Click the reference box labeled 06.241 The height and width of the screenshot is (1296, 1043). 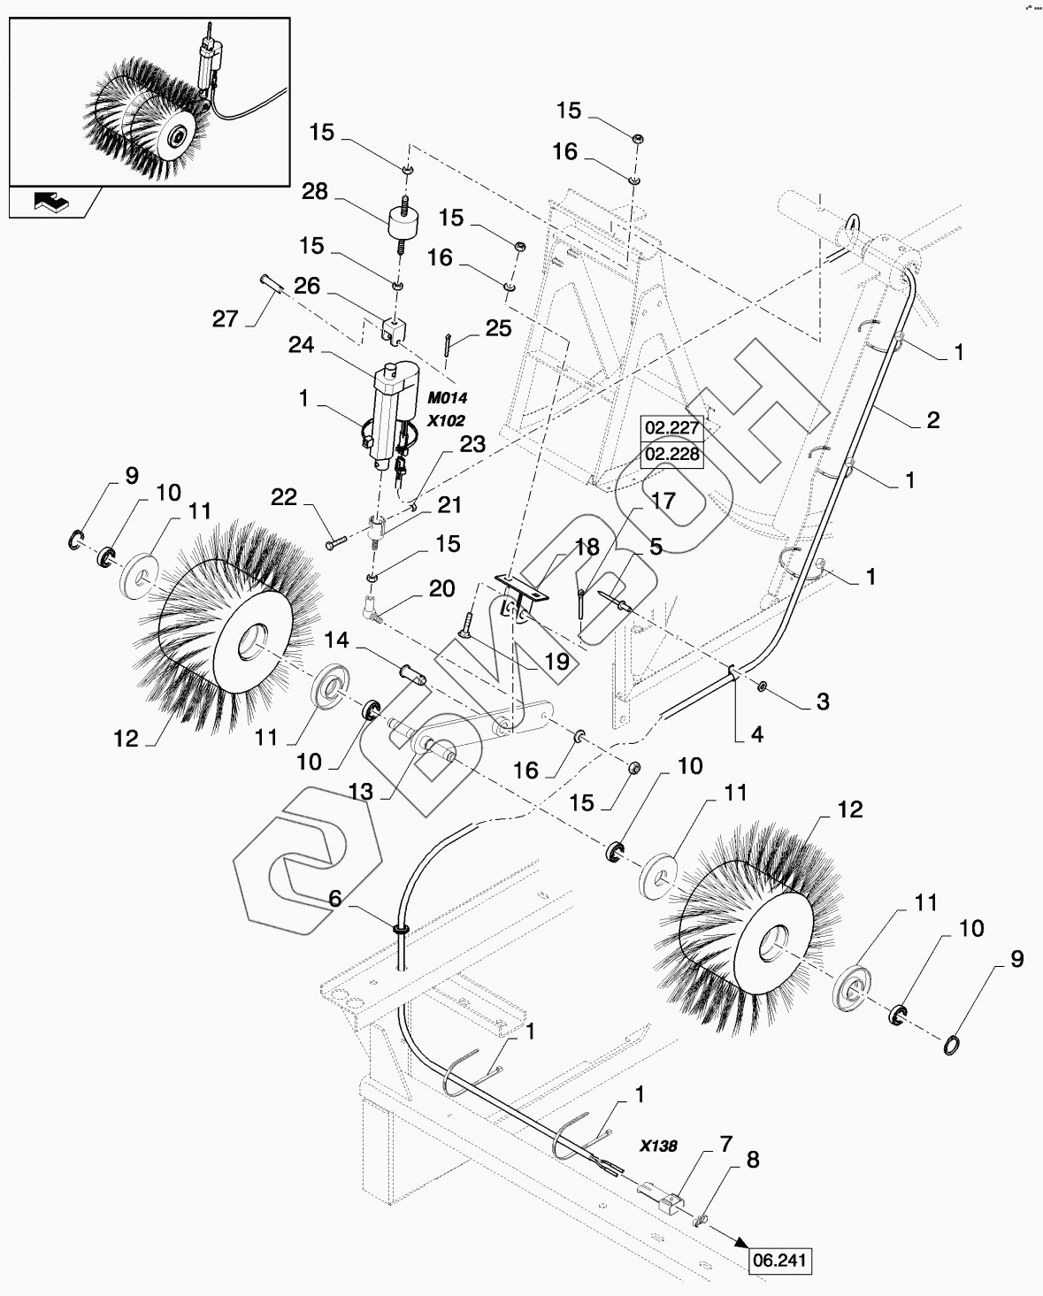[x=779, y=1261]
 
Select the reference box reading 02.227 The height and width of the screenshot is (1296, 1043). [x=672, y=429]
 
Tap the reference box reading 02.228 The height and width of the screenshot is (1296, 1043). [x=672, y=456]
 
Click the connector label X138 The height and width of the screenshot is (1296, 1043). [x=659, y=1146]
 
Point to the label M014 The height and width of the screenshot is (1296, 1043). [x=447, y=399]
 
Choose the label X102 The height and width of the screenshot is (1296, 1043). [x=446, y=421]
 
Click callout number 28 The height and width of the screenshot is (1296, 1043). [x=315, y=192]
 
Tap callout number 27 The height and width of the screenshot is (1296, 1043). [x=225, y=318]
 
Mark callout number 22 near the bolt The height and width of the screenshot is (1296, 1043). [x=284, y=498]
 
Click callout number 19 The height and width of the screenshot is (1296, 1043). [x=556, y=661]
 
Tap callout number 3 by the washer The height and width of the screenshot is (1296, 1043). [x=823, y=702]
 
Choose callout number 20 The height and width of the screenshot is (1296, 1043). [x=441, y=589]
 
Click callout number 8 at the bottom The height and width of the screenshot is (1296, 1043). [x=753, y=1159]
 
